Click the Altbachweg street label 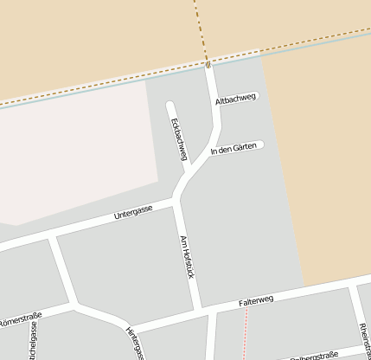coord(236,101)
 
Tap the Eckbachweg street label coord(179,138)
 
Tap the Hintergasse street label coord(134,343)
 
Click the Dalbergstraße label coord(313,356)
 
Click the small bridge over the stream coord(208,63)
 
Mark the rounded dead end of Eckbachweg coord(170,106)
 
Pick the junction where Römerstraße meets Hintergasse coord(76,305)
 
